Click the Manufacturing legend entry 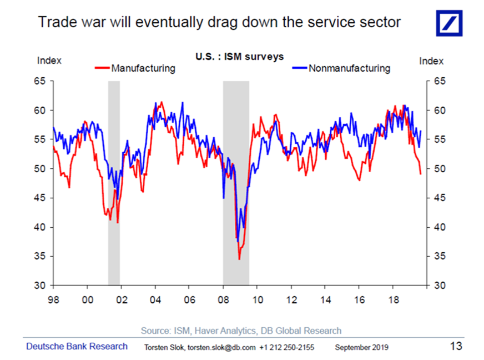pyautogui.click(x=143, y=69)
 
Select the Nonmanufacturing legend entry pyautogui.click(x=349, y=69)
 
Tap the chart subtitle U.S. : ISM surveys pyautogui.click(x=239, y=57)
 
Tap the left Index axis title pyautogui.click(x=49, y=61)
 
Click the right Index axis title pyautogui.click(x=431, y=61)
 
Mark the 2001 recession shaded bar pyautogui.click(x=114, y=183)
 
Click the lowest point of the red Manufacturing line pyautogui.click(x=239, y=259)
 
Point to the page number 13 pyautogui.click(x=456, y=347)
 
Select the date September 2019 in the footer pyautogui.click(x=361, y=348)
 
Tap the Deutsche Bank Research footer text pyautogui.click(x=77, y=347)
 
